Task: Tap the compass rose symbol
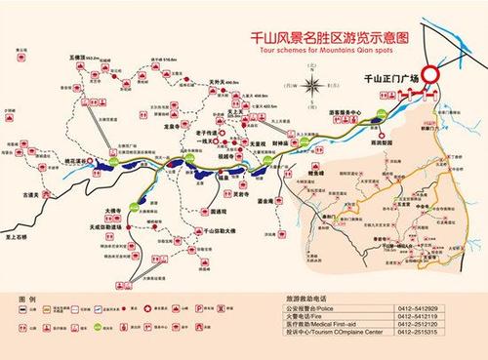(310, 86)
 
